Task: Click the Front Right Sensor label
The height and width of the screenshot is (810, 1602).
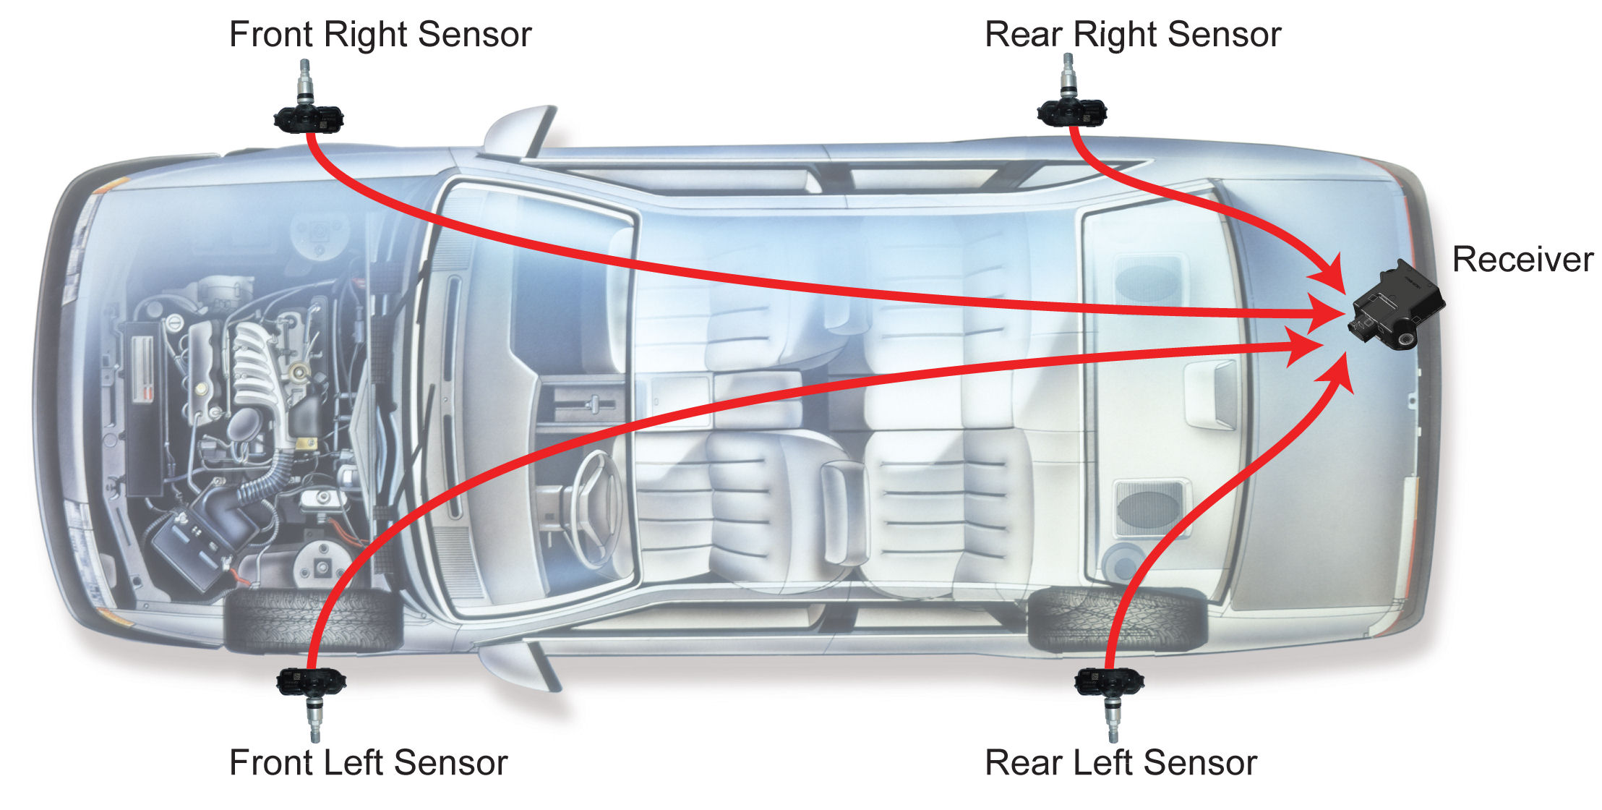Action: tap(380, 35)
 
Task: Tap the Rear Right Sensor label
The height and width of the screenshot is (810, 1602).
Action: tap(1133, 35)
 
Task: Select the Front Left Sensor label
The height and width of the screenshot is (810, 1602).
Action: tap(368, 763)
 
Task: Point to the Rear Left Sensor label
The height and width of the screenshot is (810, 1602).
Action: tap(1121, 763)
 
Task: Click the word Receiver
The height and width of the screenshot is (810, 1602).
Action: tap(1522, 260)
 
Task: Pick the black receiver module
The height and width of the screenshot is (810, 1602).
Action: tap(1396, 307)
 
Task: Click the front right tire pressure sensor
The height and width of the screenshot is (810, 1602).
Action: tap(309, 116)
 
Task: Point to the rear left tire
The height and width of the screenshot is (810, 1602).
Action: tap(1117, 619)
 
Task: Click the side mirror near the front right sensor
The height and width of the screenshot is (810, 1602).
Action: tap(518, 134)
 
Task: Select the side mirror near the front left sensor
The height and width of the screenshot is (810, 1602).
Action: tap(518, 662)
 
